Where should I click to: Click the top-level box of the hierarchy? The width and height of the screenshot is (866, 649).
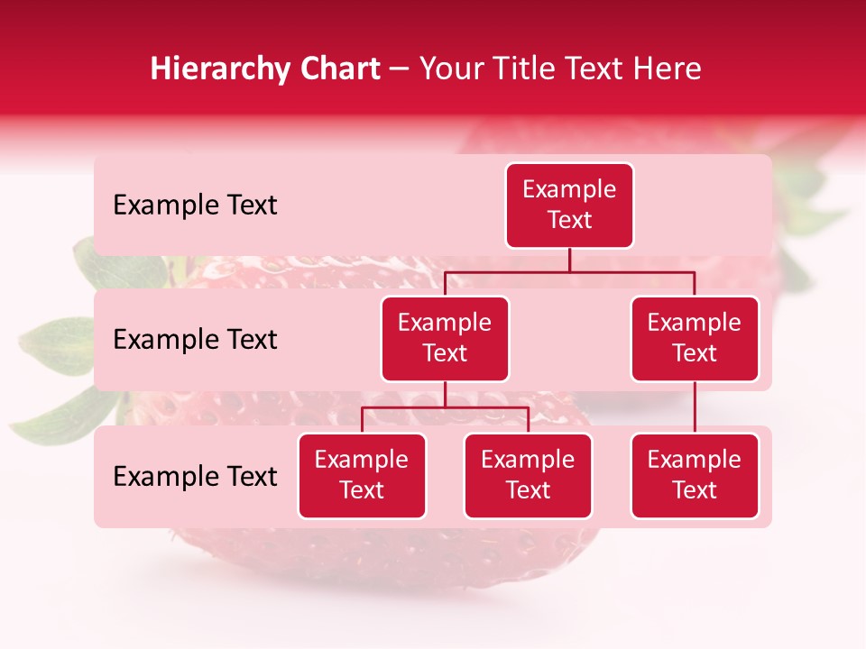tap(569, 205)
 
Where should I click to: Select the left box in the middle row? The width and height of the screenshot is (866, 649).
tap(445, 338)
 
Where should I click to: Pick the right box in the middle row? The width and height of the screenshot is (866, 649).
tap(695, 338)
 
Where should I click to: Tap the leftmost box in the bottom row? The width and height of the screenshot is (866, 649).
tap(362, 475)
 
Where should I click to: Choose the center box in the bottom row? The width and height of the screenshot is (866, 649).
tap(528, 475)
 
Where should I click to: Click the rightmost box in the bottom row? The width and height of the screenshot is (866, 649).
tap(695, 475)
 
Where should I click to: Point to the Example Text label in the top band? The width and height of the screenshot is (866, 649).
tap(195, 206)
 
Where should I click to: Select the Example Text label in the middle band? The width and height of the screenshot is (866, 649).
tap(195, 340)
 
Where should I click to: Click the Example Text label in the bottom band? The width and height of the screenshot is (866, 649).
tap(195, 476)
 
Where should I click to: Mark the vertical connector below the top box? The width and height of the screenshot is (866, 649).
tap(569, 260)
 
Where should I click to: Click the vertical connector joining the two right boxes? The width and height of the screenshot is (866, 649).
tap(695, 407)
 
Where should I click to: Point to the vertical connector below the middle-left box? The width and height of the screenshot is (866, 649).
tap(445, 394)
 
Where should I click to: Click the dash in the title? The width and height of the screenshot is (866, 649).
tap(400, 69)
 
